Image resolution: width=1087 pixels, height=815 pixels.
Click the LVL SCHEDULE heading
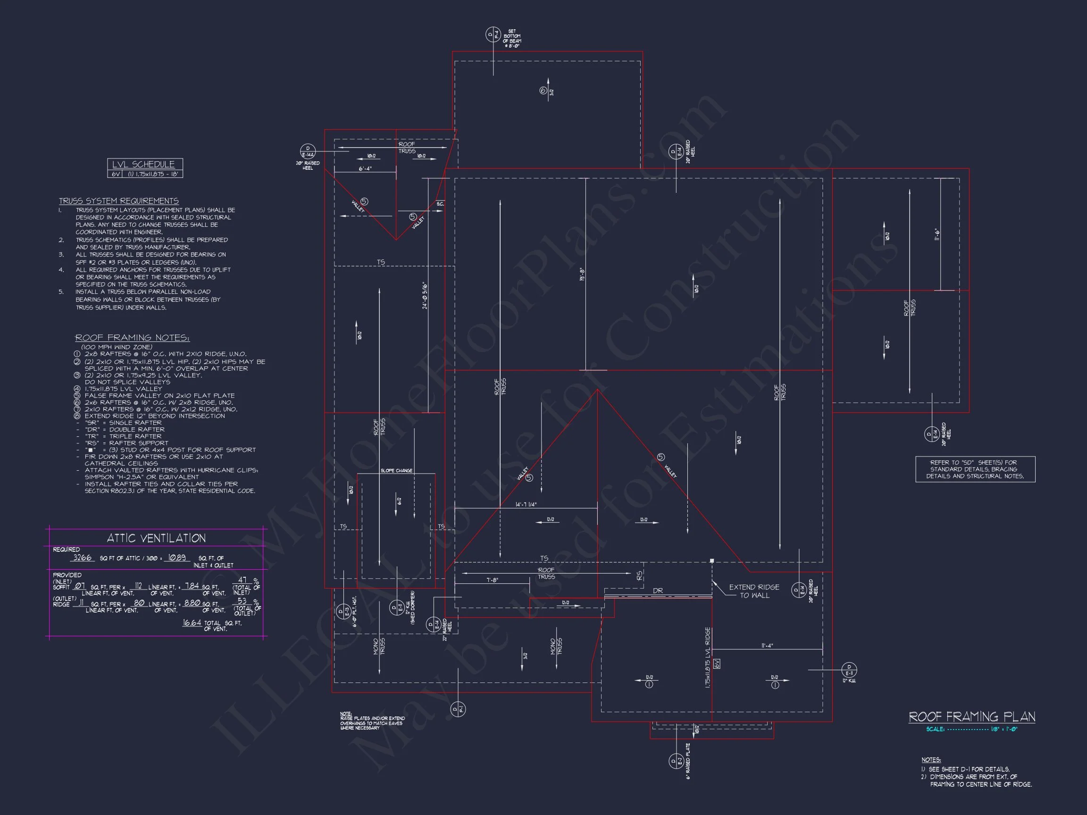coord(143,165)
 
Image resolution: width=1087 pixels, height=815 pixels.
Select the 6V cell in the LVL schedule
coord(116,174)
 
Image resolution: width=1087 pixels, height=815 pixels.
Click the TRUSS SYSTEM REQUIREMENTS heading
coord(118,201)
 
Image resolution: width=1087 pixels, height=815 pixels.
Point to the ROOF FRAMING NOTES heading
coord(132,338)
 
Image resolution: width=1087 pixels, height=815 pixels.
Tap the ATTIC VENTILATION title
coord(156,538)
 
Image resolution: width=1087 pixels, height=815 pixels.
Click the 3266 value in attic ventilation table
coord(82,557)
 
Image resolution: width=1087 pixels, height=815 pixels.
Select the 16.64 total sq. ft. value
coord(192,623)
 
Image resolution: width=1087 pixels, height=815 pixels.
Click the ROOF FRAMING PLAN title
coord(971,717)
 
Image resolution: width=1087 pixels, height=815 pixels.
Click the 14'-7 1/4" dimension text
coord(526,505)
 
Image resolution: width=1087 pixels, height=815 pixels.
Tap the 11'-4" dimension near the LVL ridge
coord(767,646)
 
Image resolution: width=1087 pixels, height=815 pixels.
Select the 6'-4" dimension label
coord(365,168)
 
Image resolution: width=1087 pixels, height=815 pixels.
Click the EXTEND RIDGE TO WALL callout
coord(754,591)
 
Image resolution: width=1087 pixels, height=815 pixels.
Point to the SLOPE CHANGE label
coord(396,471)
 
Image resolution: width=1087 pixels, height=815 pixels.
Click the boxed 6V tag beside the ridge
coord(717,664)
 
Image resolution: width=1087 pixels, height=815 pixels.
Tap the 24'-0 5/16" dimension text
coord(425,295)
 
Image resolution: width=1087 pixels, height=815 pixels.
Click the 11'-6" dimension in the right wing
coord(936,234)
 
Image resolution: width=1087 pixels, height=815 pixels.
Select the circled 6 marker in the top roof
coord(543,91)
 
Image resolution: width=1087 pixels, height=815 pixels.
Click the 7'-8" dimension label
coord(493,580)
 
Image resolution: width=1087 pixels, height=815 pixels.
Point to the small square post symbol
coord(711,560)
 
